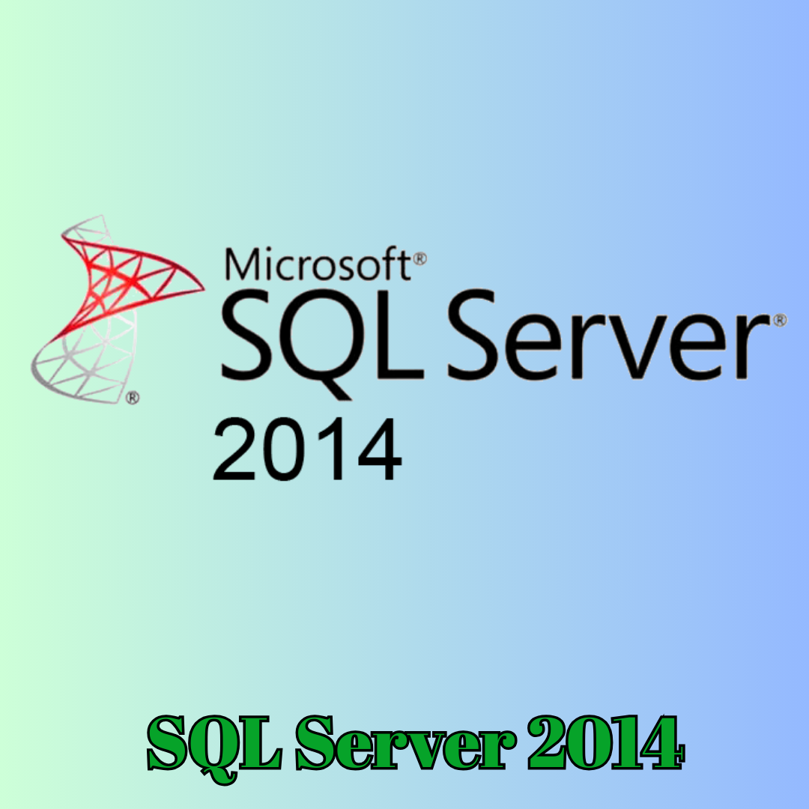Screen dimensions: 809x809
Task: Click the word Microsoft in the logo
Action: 318,264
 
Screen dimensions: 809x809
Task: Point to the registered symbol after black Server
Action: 780,320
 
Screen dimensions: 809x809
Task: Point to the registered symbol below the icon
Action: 133,397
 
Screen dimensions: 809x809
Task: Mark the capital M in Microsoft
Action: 241,264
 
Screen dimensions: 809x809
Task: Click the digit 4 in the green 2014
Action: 658,743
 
